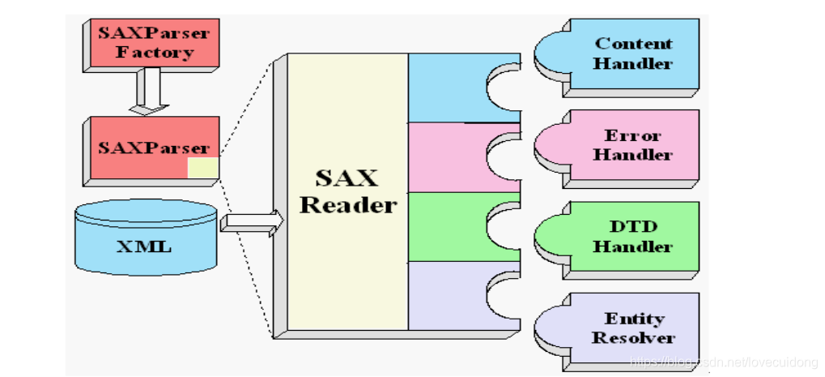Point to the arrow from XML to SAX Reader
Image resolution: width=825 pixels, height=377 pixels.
coord(252,220)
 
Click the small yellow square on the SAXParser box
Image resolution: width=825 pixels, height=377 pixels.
coord(202,168)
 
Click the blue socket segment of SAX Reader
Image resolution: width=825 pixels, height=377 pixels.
coord(449,87)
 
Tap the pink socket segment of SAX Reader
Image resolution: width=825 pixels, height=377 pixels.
coord(449,156)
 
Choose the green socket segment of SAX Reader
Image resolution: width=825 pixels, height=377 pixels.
coord(449,226)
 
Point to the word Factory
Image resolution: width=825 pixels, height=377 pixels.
coord(155,54)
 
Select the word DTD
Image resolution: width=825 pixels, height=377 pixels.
coord(633,227)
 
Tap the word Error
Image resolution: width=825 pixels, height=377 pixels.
coord(633,135)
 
